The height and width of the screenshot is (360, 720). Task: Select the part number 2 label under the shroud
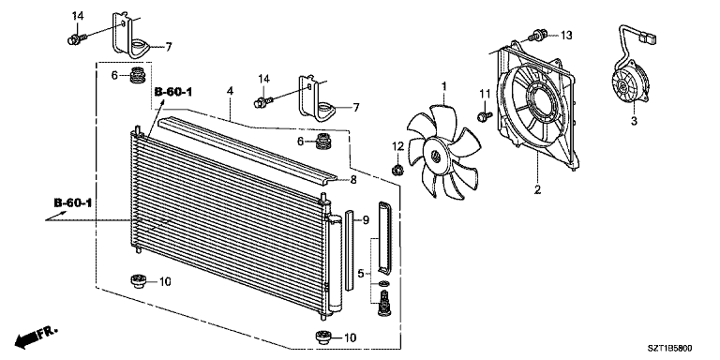click(x=537, y=190)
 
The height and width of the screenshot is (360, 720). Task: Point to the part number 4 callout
click(x=230, y=92)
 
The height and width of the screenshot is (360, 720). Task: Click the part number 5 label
click(x=359, y=274)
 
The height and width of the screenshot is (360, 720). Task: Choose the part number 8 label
click(x=353, y=180)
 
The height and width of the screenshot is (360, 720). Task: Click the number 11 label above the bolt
click(x=486, y=93)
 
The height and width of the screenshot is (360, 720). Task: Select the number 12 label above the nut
click(x=397, y=146)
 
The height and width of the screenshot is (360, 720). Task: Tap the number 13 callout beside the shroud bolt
click(x=565, y=36)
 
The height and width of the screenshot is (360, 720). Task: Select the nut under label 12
click(x=397, y=170)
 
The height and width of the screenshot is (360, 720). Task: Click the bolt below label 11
click(x=484, y=116)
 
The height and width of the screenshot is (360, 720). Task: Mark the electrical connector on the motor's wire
click(x=650, y=40)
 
